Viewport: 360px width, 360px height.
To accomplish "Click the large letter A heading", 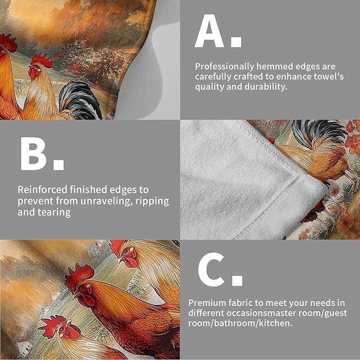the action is pos(209,31).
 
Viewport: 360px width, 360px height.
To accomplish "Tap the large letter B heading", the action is pos(33,154).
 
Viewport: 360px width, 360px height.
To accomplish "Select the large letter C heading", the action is pos(211,269).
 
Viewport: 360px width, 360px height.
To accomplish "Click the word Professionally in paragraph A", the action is pos(225,67).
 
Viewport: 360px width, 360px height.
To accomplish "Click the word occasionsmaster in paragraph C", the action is pos(260,313).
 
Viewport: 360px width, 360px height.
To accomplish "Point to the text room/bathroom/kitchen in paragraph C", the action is pos(240,323).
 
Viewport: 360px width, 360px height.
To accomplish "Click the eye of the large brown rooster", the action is pos(82,287).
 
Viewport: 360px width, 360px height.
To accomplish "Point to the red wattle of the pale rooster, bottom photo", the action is pos(130,261).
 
